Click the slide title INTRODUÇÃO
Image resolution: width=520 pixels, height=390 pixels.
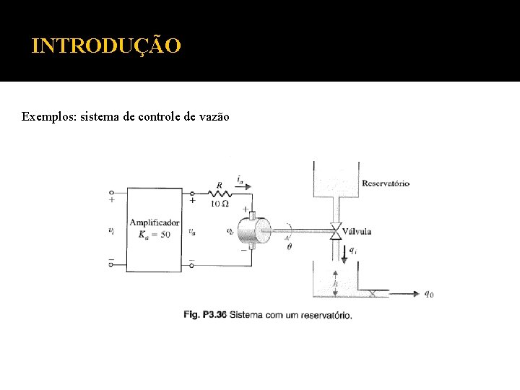click(x=107, y=46)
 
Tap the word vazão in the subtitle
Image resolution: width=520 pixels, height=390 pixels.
click(x=213, y=116)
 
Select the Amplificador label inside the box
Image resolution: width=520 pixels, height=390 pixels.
click(x=155, y=223)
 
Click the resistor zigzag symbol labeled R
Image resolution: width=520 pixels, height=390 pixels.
click(x=219, y=193)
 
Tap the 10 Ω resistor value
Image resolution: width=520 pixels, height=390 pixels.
click(x=220, y=204)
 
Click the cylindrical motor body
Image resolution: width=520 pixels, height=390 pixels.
click(x=251, y=231)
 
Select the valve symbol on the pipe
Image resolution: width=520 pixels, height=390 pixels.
click(x=335, y=232)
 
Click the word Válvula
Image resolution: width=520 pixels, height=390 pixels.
click(x=357, y=232)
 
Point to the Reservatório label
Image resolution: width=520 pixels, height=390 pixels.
click(x=385, y=183)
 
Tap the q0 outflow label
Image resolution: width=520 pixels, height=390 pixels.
click(x=428, y=294)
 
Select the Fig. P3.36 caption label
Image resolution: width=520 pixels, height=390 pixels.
click(x=205, y=314)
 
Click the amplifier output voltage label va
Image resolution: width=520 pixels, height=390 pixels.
click(x=191, y=232)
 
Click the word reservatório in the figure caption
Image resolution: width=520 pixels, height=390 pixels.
click(x=326, y=315)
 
